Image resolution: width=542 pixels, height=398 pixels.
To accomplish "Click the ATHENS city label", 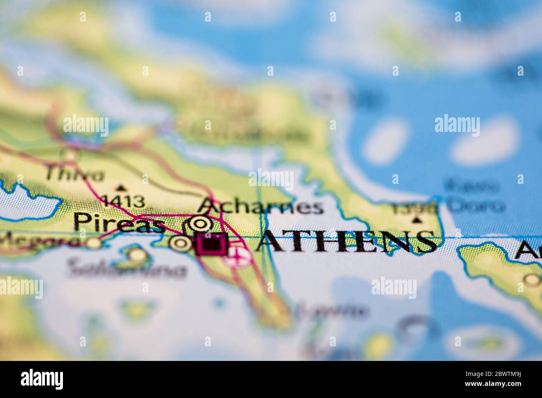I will click(346, 241).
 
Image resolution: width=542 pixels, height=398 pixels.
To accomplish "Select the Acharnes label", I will click(261, 206).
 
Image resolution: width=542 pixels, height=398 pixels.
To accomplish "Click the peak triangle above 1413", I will click(121, 187).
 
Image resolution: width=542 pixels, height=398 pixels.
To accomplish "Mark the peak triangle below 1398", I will click(416, 220).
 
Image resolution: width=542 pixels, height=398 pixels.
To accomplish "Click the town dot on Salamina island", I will click(137, 254).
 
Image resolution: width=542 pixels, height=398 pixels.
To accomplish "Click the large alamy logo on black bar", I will click(42, 379).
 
